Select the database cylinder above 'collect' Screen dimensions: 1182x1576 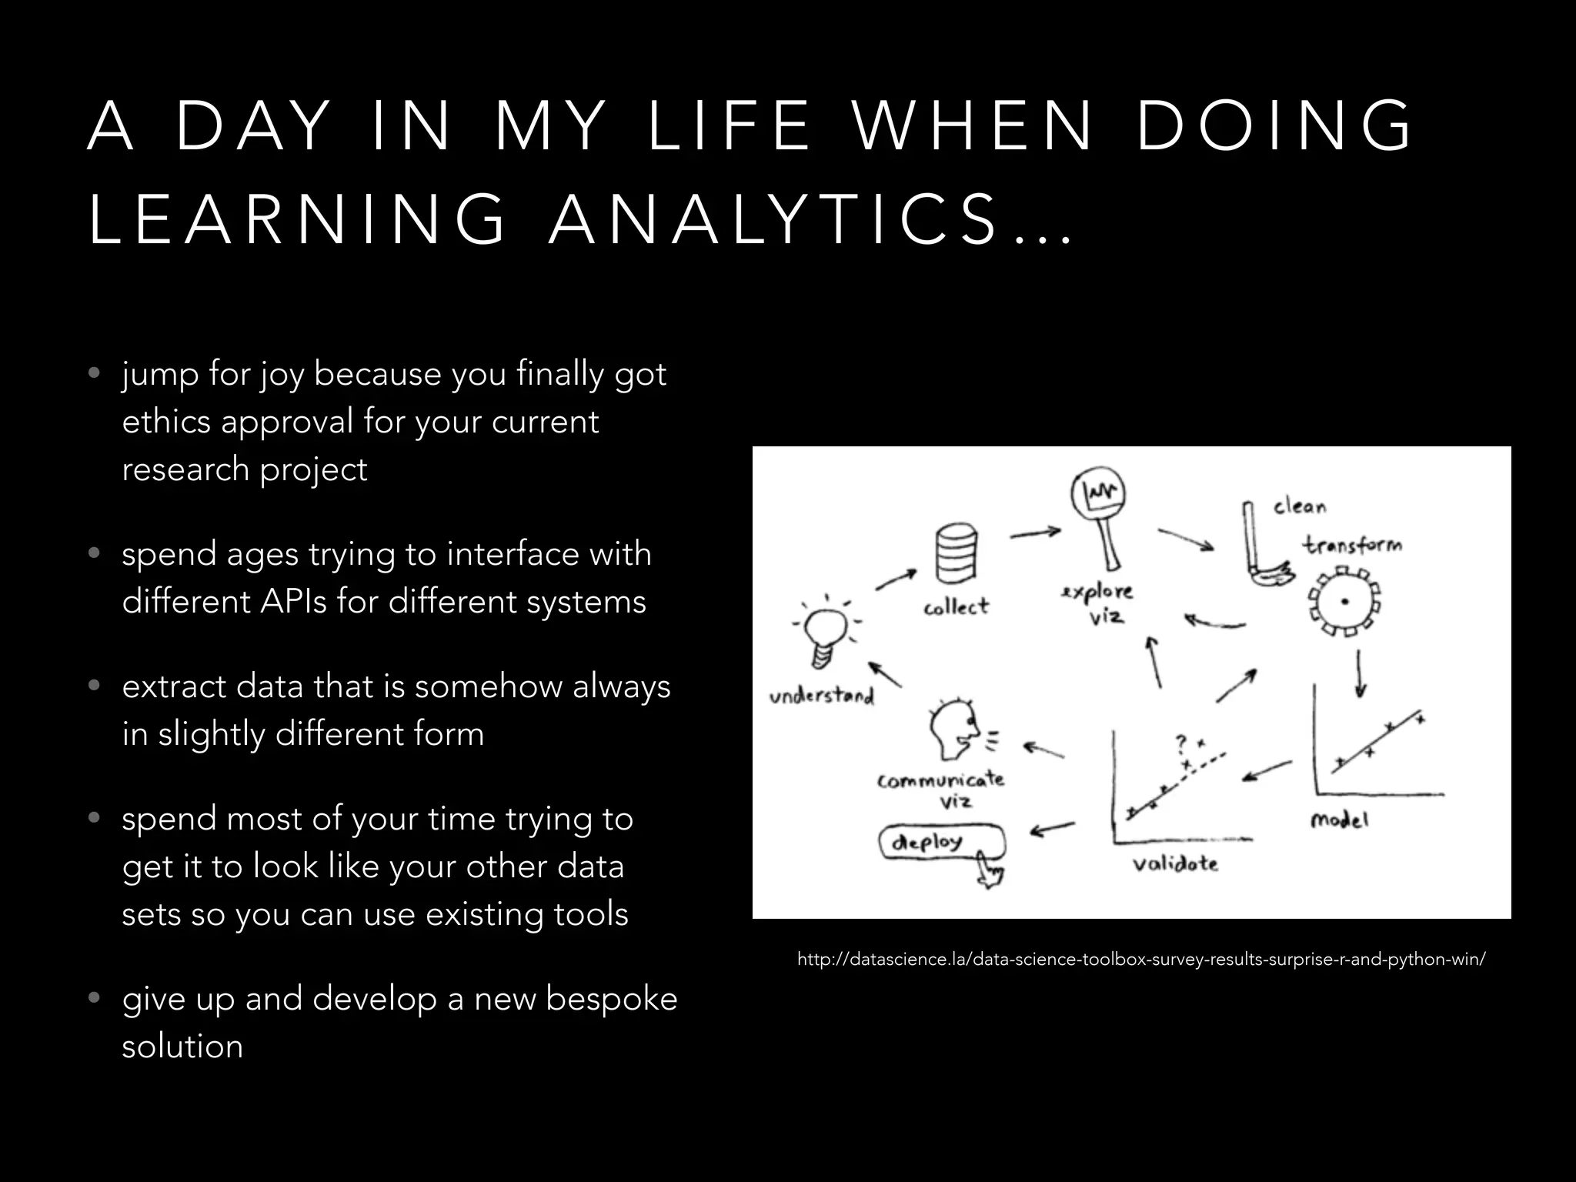(x=957, y=554)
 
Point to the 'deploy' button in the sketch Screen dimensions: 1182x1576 (x=939, y=842)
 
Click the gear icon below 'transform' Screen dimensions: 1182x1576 (x=1344, y=601)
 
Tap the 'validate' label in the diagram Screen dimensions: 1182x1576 (x=1175, y=863)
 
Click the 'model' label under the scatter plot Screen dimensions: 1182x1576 (x=1339, y=820)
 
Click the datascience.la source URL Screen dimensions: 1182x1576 (x=1140, y=960)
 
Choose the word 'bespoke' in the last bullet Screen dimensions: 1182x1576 (x=611, y=999)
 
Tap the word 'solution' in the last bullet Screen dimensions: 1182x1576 (x=182, y=1047)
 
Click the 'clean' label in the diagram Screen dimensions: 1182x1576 (x=1300, y=506)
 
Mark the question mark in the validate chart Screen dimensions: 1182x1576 (x=1181, y=743)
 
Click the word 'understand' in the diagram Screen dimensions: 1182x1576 (x=822, y=696)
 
